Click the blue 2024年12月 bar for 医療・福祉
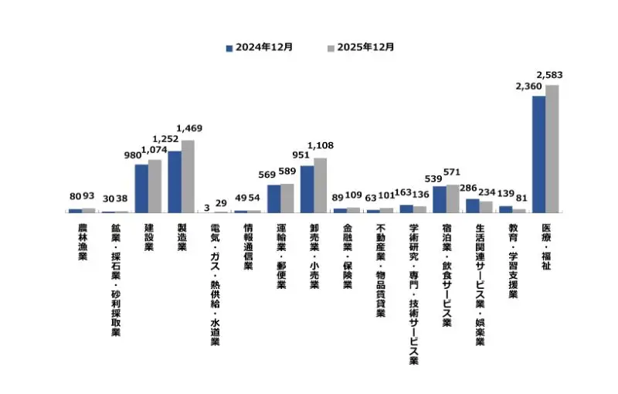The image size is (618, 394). tap(538, 154)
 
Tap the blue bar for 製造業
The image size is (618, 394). tap(175, 182)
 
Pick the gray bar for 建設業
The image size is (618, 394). tap(154, 185)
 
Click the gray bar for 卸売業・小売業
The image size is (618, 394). tap(320, 185)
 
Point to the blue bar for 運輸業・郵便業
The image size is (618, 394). tap(273, 199)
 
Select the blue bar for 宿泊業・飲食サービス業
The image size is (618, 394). tap(439, 199)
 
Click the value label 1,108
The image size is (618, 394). tap(320, 145)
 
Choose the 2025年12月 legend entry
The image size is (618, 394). tap(361, 47)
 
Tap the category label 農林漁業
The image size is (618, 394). tap(82, 243)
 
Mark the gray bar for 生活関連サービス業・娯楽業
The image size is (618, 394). tap(485, 206)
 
